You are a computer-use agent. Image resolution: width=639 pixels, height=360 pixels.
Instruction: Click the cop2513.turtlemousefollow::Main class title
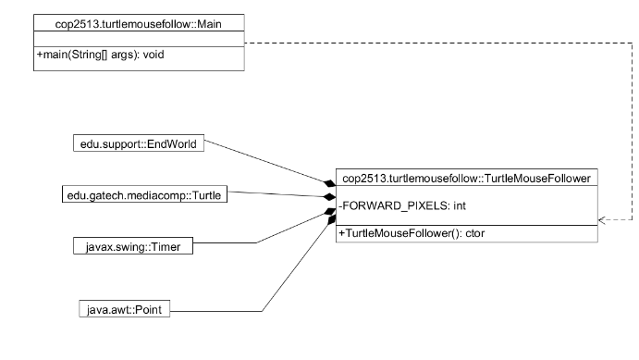pos(139,21)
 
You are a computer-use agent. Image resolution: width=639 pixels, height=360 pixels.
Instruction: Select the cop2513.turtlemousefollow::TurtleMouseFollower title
pos(465,178)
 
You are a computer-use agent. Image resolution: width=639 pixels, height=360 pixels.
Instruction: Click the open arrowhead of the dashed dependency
pos(602,221)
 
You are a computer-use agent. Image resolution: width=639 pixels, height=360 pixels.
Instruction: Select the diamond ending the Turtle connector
pos(328,197)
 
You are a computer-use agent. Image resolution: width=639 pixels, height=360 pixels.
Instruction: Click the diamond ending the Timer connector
pos(328,213)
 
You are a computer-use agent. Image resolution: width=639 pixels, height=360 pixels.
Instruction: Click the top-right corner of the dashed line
pos(631,42)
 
